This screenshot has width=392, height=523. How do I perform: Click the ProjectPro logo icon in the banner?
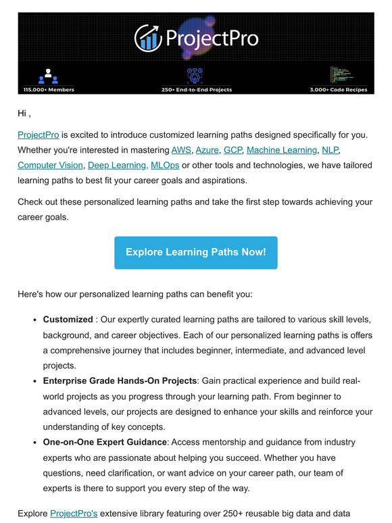click(147, 39)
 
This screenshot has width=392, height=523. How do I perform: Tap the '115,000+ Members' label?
click(48, 89)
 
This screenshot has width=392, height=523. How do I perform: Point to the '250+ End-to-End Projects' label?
click(196, 89)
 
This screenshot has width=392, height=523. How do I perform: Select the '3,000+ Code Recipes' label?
click(337, 89)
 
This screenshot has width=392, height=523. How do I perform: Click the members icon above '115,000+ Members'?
click(48, 76)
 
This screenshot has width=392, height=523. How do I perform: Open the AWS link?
click(181, 150)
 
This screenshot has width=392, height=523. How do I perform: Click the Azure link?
click(207, 150)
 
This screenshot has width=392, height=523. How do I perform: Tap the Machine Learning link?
click(282, 150)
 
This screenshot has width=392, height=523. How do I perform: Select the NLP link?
click(330, 150)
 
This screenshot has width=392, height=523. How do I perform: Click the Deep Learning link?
click(118, 165)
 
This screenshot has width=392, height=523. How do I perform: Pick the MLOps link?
click(165, 165)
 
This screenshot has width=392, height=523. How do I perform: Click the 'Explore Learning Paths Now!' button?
click(196, 253)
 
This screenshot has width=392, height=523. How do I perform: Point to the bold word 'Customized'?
click(68, 320)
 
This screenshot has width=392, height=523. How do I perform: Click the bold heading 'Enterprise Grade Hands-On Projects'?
click(120, 381)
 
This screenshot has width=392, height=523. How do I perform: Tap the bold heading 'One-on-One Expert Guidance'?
click(105, 442)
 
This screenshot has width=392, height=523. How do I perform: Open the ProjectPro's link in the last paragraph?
click(74, 514)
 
